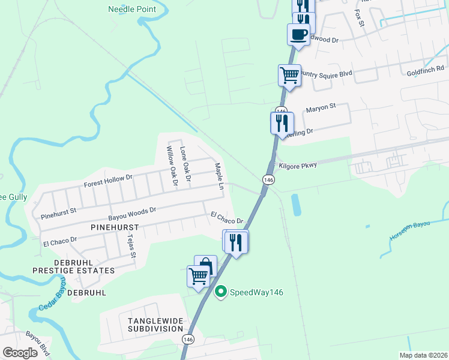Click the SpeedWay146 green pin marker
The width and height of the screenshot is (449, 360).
pos(221,292)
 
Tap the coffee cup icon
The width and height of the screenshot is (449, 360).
pos(298,34)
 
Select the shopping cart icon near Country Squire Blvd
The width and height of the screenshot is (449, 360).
pos(289,76)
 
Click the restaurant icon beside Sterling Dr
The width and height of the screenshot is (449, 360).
pos(282,122)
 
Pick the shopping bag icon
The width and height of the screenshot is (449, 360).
pos(205,266)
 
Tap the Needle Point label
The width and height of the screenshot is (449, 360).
pos(131,9)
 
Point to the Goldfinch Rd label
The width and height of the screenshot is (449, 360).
pos(424,71)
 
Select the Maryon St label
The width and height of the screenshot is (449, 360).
pos(320,109)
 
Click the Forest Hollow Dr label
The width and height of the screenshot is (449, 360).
pos(107,180)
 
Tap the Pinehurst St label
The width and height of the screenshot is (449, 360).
pos(58,211)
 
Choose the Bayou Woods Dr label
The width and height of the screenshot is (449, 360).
pos(132,211)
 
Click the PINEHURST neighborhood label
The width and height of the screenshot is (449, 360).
pos(114,228)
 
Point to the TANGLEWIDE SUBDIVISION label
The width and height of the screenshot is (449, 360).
pos(155,325)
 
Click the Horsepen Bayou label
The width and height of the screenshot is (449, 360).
pos(410,231)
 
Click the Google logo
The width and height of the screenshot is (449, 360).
pos(20,352)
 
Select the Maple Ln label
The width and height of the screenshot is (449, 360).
pos(219,176)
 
